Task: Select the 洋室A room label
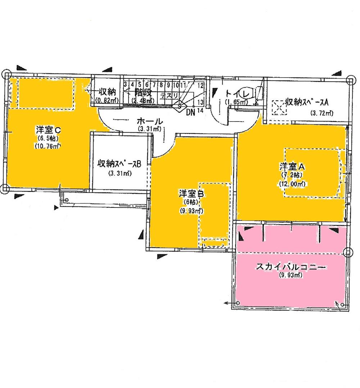[292, 167]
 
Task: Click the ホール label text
[149, 122]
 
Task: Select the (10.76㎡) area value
[47, 146]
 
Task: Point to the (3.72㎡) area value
[321, 113]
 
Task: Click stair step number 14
[201, 111]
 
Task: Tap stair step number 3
[125, 85]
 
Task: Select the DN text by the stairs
[191, 111]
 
